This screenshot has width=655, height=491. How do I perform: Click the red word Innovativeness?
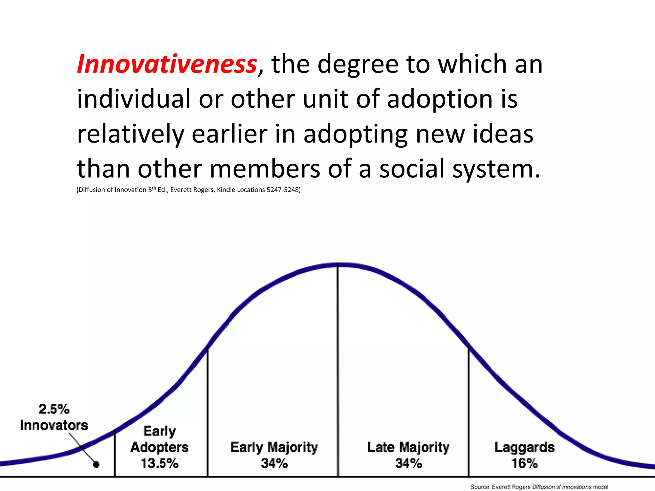pyautogui.click(x=167, y=64)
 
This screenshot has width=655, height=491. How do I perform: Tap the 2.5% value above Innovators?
pyautogui.click(x=54, y=409)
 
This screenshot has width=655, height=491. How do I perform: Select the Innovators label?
pyautogui.click(x=54, y=425)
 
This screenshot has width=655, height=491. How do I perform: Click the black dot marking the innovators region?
pyautogui.click(x=96, y=464)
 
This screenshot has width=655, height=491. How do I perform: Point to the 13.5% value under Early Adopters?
pyautogui.click(x=160, y=463)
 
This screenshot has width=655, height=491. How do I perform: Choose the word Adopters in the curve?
pyautogui.click(x=160, y=447)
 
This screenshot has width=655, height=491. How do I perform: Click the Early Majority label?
pyautogui.click(x=274, y=447)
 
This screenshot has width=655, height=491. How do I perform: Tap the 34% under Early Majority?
pyautogui.click(x=274, y=463)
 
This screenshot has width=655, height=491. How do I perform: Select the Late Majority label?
pyautogui.click(x=408, y=447)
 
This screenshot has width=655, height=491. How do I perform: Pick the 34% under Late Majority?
pyautogui.click(x=408, y=463)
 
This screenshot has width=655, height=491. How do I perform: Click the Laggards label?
pyautogui.click(x=524, y=447)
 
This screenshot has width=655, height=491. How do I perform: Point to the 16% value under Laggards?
pyautogui.click(x=524, y=463)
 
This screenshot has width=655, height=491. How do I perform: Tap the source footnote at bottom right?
pyautogui.click(x=539, y=487)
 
